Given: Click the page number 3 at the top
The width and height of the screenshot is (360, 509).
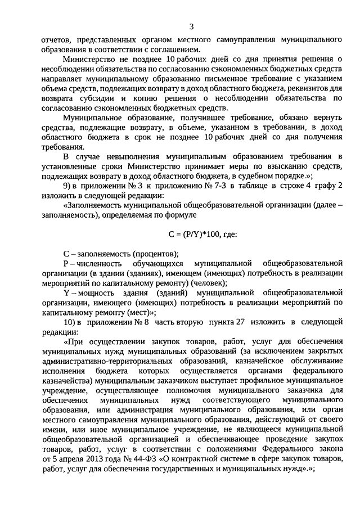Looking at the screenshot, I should pyautogui.click(x=191, y=26).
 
